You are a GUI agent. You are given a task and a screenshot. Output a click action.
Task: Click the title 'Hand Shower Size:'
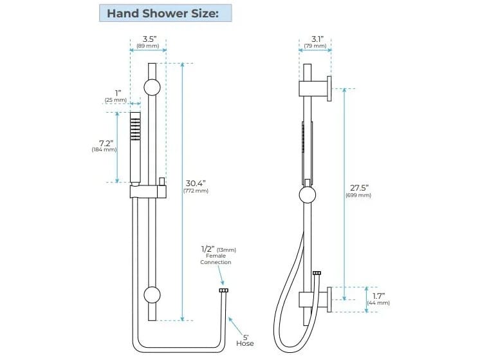coord(165,13)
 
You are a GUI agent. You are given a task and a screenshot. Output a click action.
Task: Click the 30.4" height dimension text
coord(197,182)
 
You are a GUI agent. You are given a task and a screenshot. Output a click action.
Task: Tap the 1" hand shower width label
coord(118,93)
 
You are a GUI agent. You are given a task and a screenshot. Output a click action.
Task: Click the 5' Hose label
coord(245,339)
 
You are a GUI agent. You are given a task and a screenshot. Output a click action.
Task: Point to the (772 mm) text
coord(197,191)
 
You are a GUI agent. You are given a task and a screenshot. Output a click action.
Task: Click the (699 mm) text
coord(358,194)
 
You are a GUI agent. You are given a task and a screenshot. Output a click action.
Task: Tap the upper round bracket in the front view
coord(152,89)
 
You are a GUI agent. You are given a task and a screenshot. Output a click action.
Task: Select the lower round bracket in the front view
coord(152,295)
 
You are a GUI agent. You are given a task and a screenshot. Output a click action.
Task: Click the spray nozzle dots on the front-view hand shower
coord(135,128)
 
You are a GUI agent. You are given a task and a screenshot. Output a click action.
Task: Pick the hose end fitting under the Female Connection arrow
coord(223,291)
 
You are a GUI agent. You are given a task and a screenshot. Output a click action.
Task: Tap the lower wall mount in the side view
coord(315,299)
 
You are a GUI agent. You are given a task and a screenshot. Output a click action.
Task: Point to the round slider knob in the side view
coord(308,195)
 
